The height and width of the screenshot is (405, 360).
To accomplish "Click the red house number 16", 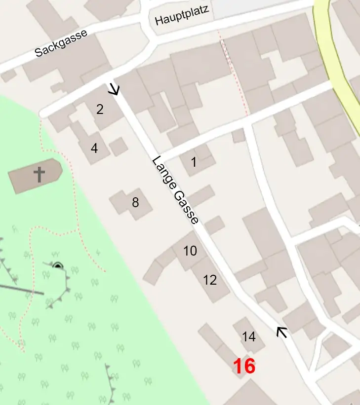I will click(x=244, y=367).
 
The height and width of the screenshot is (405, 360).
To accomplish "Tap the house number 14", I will click(x=249, y=337).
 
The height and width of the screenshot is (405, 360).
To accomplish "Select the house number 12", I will click(x=210, y=280).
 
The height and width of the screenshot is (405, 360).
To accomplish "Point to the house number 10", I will click(x=190, y=251).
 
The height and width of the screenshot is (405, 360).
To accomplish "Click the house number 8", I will click(x=135, y=202).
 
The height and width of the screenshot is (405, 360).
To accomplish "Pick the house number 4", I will click(x=94, y=147).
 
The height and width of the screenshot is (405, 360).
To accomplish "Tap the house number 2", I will click(x=100, y=109).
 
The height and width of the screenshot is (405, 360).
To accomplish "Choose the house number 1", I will click(x=194, y=161).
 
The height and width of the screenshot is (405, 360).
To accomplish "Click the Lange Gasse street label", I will click(x=175, y=190).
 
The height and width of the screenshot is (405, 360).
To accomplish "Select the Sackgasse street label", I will click(x=61, y=43).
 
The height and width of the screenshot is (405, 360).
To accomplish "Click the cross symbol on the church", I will click(x=39, y=174).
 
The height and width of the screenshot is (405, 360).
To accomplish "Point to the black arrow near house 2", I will click(x=114, y=89).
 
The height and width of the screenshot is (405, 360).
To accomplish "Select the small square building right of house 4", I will click(x=119, y=147).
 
